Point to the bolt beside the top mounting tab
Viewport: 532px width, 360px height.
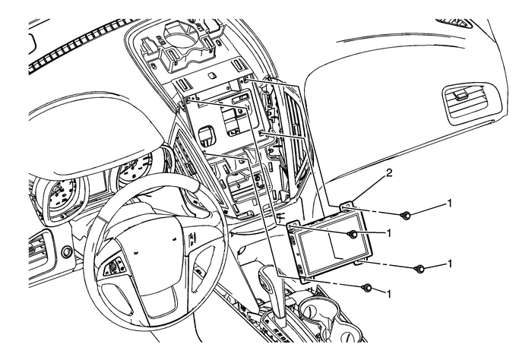point(407,216)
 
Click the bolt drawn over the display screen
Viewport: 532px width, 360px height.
point(353,235)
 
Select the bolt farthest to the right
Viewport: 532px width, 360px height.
point(419,269)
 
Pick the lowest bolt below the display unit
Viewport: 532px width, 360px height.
point(368,288)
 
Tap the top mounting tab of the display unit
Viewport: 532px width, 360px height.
point(349,206)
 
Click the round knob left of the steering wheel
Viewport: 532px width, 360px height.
point(68,251)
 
